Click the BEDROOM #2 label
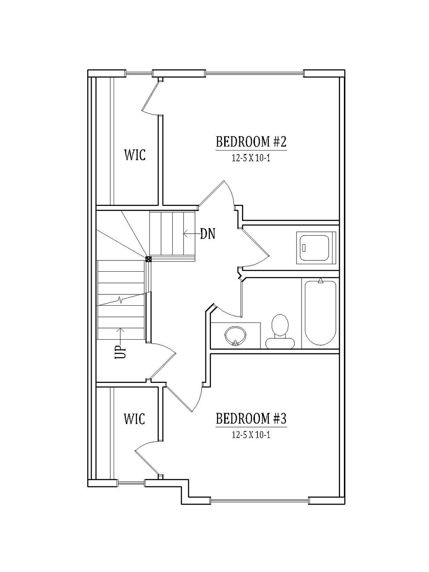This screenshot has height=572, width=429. [251, 142]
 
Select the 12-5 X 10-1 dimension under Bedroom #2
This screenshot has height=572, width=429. [251, 159]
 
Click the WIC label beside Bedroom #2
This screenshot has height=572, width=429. [135, 155]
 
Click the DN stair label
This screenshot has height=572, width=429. [208, 234]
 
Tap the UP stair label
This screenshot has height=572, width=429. [120, 351]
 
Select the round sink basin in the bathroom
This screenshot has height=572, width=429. [235, 335]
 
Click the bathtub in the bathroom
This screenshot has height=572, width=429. [320, 313]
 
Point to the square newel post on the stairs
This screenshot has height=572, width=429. [148, 259]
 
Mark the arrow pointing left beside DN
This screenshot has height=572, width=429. [192, 234]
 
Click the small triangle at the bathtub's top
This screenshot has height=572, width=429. [321, 281]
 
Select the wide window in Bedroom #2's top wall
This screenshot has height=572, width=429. [255, 73]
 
